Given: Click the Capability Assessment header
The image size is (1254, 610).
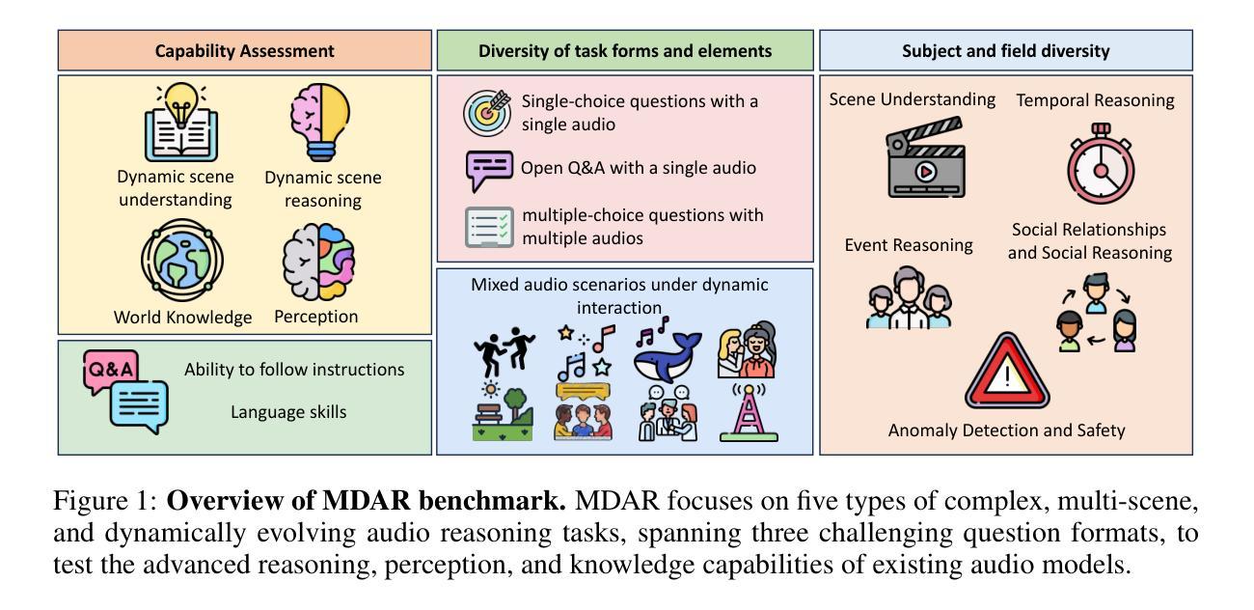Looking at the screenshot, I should (244, 50).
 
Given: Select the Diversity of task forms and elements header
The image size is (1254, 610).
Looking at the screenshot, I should (625, 50).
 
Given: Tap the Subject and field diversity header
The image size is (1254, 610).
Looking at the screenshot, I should (1005, 50).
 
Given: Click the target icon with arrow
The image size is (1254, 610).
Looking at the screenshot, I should (487, 112).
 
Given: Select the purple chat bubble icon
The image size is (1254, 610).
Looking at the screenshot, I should (489, 170).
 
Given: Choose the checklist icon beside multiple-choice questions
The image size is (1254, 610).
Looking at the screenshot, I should (489, 227).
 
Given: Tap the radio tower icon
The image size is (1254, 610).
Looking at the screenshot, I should (749, 412).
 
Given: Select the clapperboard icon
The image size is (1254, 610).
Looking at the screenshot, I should (924, 157).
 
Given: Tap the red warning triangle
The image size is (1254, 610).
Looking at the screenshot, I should (1006, 374).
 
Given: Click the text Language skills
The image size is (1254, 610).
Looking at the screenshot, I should (287, 412).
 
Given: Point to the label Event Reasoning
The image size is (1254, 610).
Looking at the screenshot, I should (909, 245).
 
